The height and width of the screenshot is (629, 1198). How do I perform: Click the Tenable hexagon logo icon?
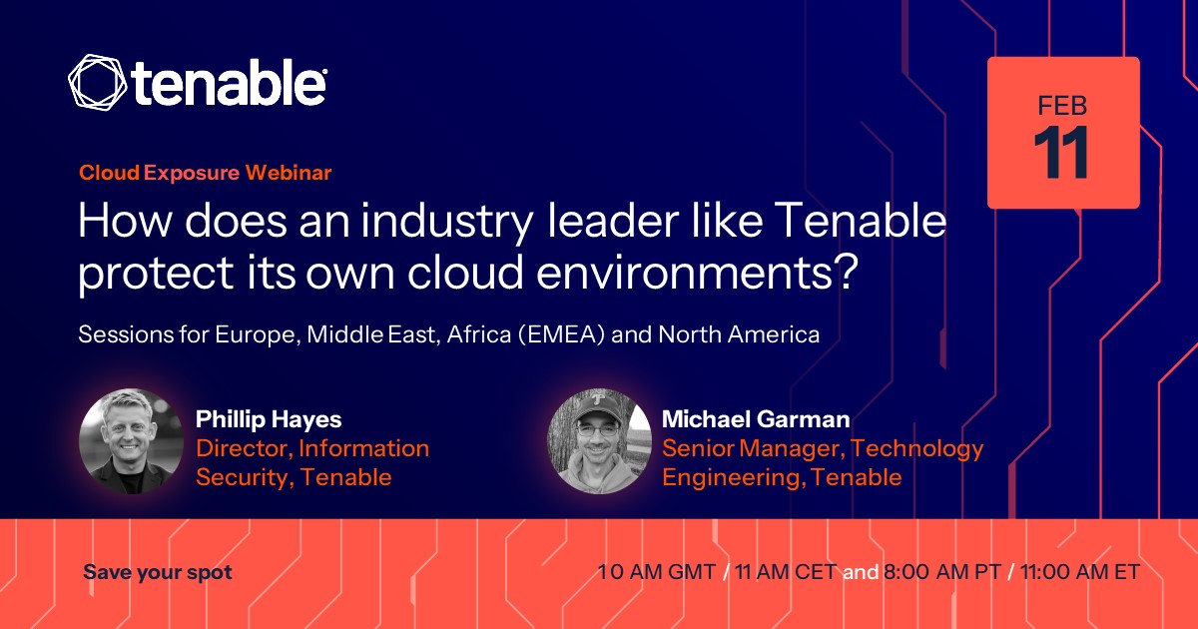pos(98,82)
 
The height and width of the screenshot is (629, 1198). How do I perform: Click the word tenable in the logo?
pos(230,82)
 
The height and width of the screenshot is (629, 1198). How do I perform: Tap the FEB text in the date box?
pos(1062,106)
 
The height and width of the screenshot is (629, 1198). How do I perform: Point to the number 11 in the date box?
pos(1061,153)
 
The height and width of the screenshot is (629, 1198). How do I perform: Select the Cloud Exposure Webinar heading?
pos(206,172)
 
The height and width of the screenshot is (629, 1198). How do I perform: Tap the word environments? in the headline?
pos(697,272)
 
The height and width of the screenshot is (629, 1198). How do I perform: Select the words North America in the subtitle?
pos(739,334)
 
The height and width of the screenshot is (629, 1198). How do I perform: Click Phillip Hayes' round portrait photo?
pos(131,441)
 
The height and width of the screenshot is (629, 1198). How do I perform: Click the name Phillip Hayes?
pos(269,419)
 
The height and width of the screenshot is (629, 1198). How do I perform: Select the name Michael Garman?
pos(756,419)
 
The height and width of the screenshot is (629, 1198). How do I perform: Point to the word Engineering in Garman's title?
pos(734,477)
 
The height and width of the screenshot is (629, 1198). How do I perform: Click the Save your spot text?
pos(158,572)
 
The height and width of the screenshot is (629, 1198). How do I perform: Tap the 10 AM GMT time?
pos(656,572)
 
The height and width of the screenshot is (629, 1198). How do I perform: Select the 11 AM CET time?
pos(786,572)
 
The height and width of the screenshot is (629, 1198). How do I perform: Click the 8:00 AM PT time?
pos(941,572)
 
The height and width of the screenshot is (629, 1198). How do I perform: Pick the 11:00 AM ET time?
pos(1080,572)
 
